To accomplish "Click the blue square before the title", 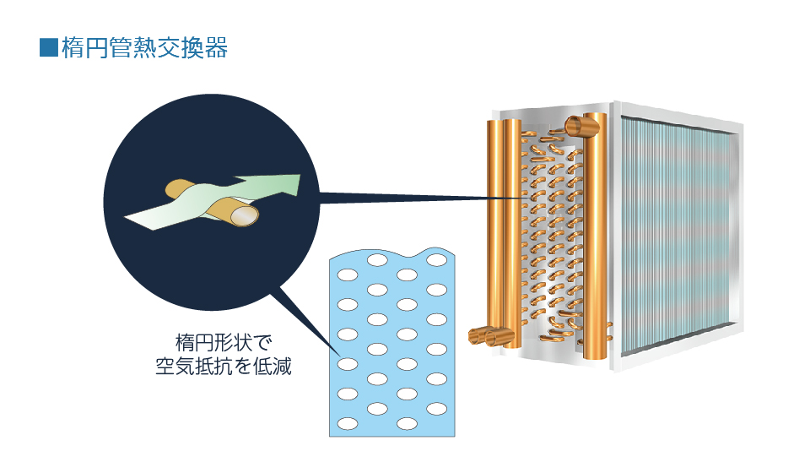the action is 49,47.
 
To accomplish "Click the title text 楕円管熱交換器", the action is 144,47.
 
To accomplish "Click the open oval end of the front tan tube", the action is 245,216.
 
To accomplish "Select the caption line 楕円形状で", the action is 223,342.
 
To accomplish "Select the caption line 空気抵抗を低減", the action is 223,366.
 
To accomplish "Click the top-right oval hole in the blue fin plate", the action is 436,260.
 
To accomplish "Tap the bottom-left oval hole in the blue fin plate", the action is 348,424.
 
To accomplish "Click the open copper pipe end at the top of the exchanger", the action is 575,126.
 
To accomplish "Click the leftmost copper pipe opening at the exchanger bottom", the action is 477,336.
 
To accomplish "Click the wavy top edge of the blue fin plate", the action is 392,254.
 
